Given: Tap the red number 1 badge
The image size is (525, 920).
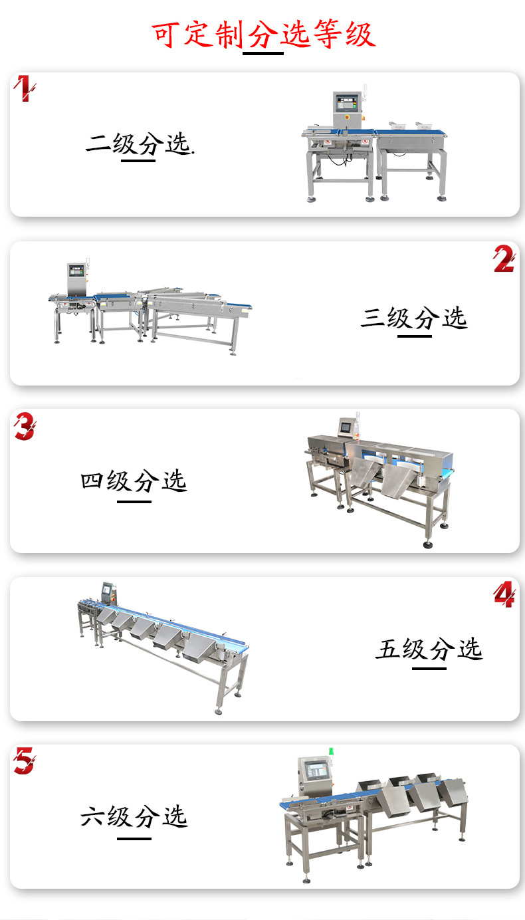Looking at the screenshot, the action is tap(24, 88).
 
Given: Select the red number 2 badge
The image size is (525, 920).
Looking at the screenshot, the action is tap(504, 259).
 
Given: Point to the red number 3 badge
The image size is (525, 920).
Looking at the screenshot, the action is tap(25, 426).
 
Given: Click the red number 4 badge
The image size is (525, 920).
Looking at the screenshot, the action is tap(504, 594).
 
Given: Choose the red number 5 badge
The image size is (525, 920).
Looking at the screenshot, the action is tap(25, 761).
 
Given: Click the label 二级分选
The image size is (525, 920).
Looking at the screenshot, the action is tap(140, 144).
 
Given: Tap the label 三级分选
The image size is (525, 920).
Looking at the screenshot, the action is tap(414, 318).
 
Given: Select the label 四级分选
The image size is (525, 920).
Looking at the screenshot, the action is tap(134, 481).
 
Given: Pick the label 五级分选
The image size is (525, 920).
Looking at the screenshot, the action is tap(429, 649).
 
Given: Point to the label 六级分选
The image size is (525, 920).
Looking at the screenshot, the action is tap(134, 816).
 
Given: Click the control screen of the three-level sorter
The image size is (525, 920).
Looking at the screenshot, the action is tap(76, 271).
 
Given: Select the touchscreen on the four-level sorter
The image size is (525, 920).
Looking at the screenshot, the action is tap(346, 427).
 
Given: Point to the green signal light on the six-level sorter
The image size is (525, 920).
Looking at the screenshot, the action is tap(331, 751).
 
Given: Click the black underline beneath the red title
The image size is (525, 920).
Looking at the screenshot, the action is tap(263, 53).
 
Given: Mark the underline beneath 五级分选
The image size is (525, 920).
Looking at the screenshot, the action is tap(429, 669).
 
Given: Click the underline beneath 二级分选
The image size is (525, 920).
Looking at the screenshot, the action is tap(138, 161).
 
